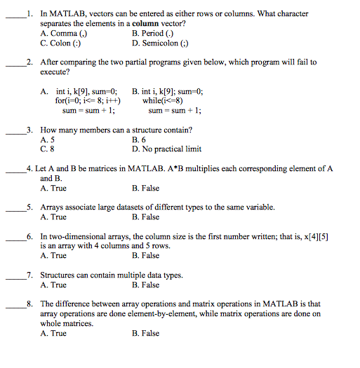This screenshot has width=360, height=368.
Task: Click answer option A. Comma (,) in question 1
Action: [x=64, y=32]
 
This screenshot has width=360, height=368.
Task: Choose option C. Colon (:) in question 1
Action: [x=62, y=42]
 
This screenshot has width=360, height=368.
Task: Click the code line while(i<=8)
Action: [x=163, y=100]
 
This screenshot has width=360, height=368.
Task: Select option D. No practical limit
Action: [x=166, y=149]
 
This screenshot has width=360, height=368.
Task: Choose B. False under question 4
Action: [x=145, y=189]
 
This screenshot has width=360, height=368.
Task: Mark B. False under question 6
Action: [x=145, y=256]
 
